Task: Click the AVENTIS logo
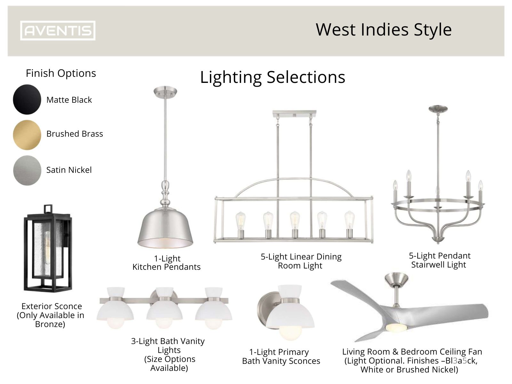58,31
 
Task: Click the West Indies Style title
383,30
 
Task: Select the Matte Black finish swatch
27,100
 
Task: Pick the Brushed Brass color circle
27,135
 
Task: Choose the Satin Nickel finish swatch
27,170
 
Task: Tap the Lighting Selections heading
273,77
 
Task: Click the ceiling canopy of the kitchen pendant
165,91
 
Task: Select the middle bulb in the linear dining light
295,220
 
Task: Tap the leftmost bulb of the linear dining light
240,221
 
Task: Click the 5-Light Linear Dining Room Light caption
301,261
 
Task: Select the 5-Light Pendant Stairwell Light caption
439,260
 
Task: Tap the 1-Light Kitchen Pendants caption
166,263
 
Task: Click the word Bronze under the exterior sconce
50,324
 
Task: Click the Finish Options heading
61,73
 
